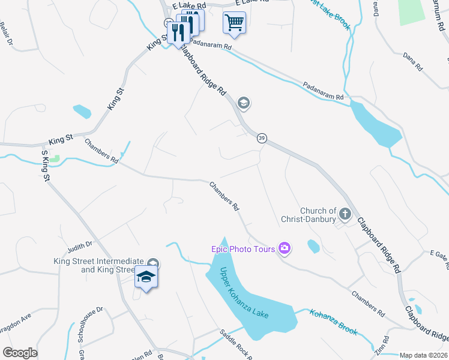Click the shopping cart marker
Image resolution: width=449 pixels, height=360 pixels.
click(234, 23)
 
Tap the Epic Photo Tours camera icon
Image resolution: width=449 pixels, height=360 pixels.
click(285, 248)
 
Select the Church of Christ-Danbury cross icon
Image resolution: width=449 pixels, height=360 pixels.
click(345, 213)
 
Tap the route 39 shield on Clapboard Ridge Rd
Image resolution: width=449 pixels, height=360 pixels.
click(262, 139)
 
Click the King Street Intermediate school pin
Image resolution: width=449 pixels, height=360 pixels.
click(146, 277)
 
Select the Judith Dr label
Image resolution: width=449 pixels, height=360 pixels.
click(80, 244)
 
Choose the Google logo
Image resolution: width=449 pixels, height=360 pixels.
click(20, 353)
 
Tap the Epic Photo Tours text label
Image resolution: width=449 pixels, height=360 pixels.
click(243, 249)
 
